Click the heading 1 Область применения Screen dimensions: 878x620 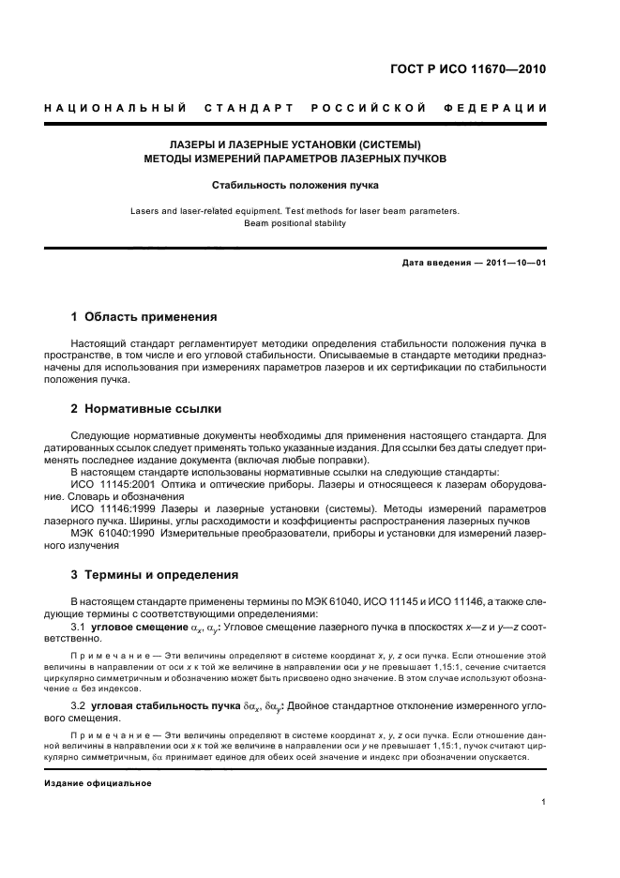tap(144, 316)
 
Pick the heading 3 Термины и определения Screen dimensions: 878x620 tap(155, 574)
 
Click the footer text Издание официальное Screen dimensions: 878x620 tap(98, 782)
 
